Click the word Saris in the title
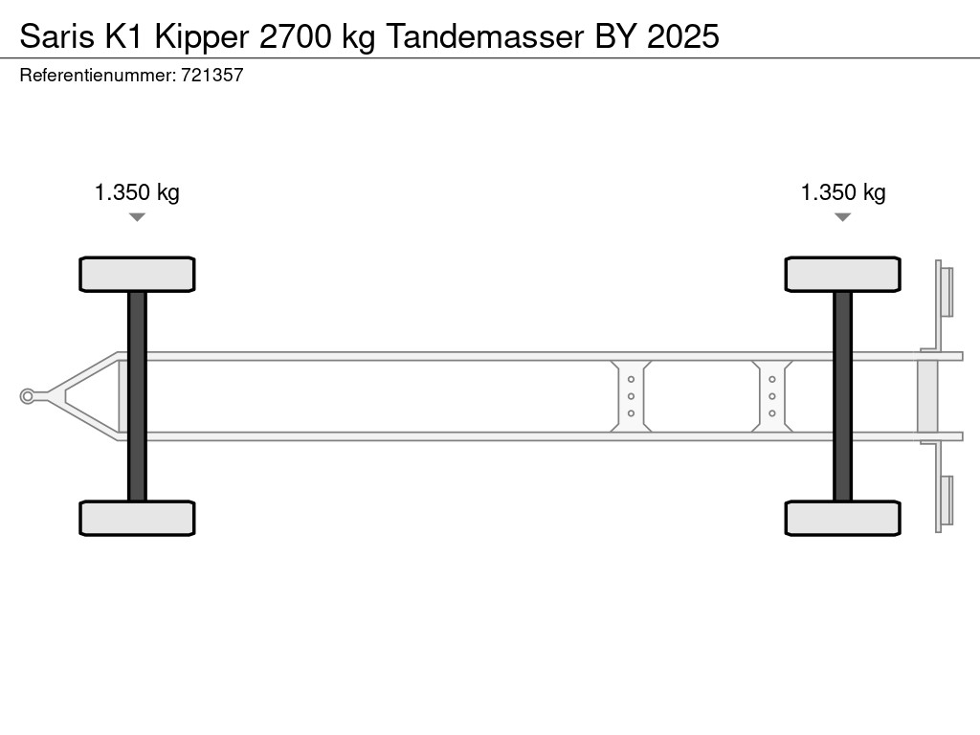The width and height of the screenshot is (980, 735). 56,36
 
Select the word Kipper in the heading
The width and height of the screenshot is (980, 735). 202,37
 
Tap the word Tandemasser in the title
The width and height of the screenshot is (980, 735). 484,36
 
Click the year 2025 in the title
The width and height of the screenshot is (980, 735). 683,36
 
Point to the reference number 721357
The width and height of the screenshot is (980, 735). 212,75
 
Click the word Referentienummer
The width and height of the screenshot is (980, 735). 98,75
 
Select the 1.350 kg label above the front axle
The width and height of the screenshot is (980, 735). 137,192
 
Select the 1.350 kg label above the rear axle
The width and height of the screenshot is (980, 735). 843,192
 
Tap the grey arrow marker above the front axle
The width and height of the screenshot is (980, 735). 137,217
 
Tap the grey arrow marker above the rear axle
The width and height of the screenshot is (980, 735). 842,217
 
